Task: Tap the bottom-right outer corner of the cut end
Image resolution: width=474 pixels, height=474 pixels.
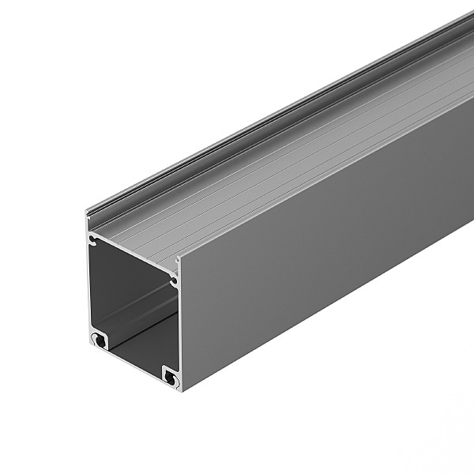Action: (182, 390)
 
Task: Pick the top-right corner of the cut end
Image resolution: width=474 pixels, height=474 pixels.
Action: (179, 259)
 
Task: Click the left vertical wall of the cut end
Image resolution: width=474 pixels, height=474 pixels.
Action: (89, 284)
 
